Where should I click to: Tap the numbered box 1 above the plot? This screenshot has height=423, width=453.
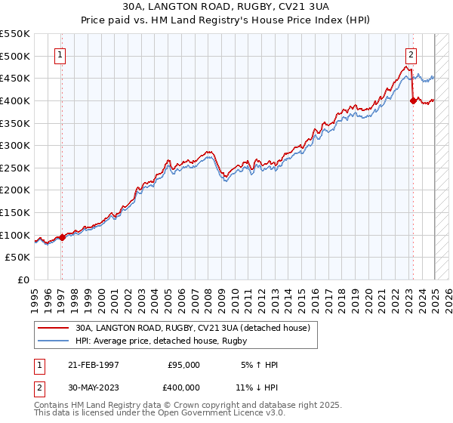[x=59, y=54]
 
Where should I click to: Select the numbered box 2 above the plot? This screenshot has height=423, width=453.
[x=411, y=54]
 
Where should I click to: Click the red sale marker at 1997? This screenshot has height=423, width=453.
[x=62, y=237]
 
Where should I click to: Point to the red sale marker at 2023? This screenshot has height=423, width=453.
[x=413, y=100]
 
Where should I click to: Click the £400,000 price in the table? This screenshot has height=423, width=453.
[x=183, y=387]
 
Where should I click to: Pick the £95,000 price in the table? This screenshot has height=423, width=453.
[x=183, y=365]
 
